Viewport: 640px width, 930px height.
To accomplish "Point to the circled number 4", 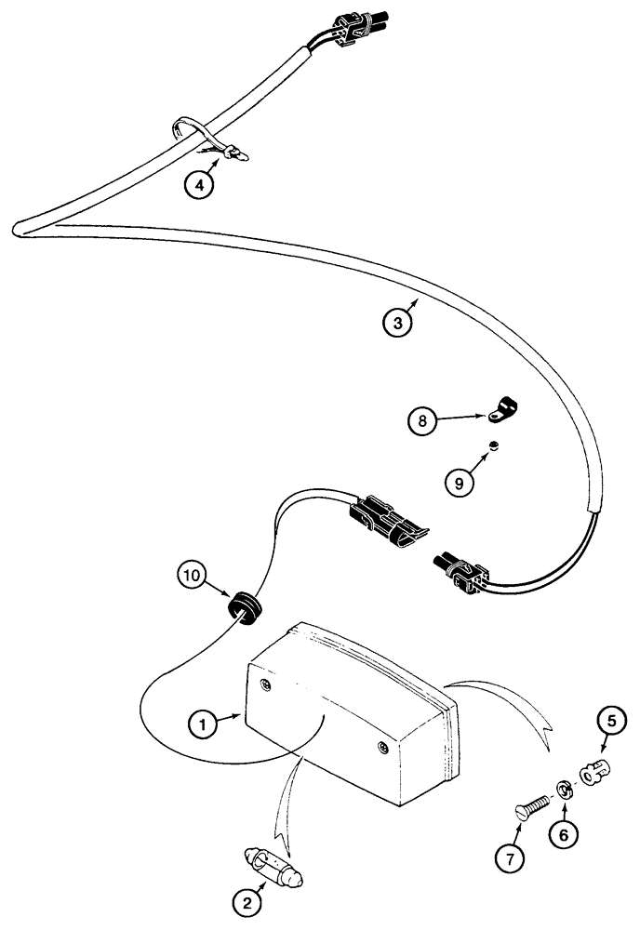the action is [x=196, y=184].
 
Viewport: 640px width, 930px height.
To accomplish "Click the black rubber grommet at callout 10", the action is [x=245, y=607].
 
